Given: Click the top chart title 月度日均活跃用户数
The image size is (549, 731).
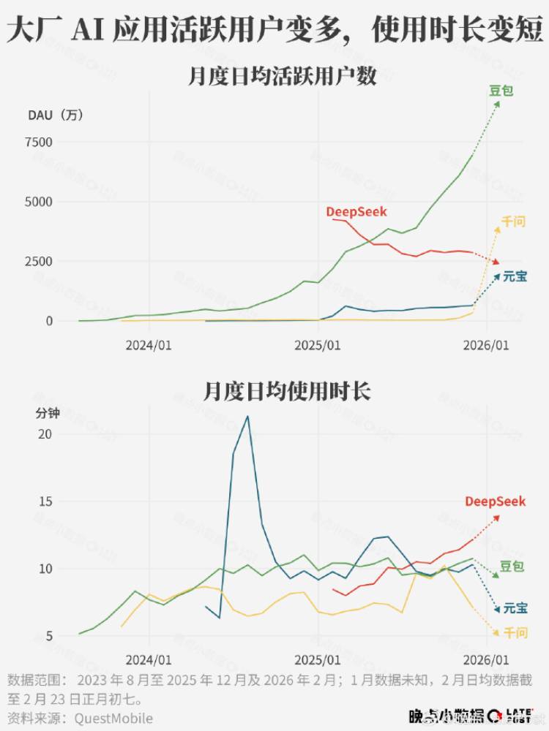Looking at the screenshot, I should pos(283,77).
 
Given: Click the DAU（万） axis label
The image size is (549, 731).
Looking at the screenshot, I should pos(56,115).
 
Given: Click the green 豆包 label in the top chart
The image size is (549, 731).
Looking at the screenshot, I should pos(501,91).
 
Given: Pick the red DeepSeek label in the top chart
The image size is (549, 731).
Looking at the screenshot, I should pos(356,212).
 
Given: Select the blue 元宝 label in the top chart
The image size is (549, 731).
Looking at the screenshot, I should pos(515,276).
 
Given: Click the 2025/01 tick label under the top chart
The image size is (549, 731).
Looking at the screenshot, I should pos(319,345).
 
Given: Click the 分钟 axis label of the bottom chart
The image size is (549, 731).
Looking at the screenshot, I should pos(48,413).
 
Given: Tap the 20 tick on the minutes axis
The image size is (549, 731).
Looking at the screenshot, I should pos(45,434).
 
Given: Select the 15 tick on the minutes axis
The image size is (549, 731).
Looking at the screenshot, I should pos(45,501).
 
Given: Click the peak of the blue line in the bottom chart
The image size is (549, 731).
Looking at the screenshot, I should pos(247,416).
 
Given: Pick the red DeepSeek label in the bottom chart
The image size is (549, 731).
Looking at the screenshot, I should pos(496,501).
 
